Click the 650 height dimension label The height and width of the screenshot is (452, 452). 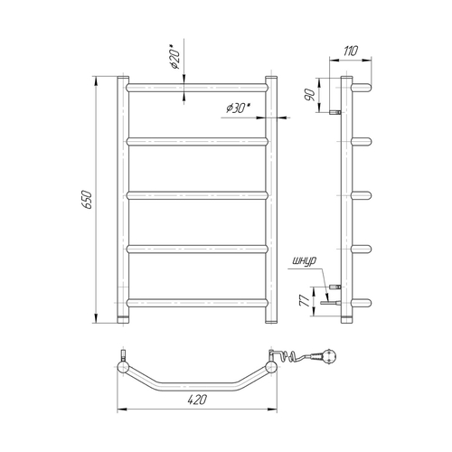click(x=87, y=200)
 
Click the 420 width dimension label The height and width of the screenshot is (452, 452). click(x=197, y=400)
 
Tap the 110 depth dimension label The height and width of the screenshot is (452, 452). click(x=351, y=51)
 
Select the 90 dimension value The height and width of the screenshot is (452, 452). click(x=310, y=95)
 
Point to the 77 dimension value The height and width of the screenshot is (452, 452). click(x=305, y=301)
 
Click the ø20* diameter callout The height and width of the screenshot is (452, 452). click(x=175, y=57)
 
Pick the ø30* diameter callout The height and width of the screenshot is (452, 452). click(x=239, y=108)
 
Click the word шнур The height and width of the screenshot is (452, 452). click(x=305, y=261)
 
